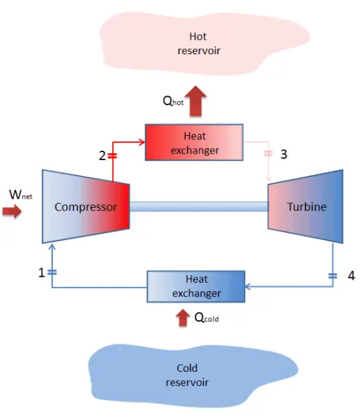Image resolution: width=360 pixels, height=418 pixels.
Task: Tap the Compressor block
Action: (x=86, y=206)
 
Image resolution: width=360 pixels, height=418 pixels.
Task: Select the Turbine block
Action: (x=306, y=206)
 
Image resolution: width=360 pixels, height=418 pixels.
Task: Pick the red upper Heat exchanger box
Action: (x=194, y=143)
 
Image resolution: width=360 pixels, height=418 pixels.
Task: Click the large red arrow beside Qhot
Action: (x=195, y=101)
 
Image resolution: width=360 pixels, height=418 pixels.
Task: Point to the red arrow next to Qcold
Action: (x=183, y=317)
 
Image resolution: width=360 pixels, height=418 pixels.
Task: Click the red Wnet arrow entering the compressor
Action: (x=12, y=212)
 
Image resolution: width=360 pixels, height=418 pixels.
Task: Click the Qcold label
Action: (x=206, y=318)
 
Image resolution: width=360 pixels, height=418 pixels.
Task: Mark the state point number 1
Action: (x=41, y=273)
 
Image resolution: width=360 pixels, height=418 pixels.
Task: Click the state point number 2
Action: (x=102, y=155)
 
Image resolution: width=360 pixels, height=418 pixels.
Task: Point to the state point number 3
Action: (x=284, y=154)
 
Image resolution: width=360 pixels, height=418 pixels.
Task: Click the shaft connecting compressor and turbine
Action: (x=198, y=206)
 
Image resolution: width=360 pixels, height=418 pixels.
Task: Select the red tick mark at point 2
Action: (x=112, y=155)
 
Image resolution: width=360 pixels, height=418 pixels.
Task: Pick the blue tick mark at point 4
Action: (x=333, y=275)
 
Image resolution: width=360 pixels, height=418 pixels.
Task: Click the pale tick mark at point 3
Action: (x=269, y=154)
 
